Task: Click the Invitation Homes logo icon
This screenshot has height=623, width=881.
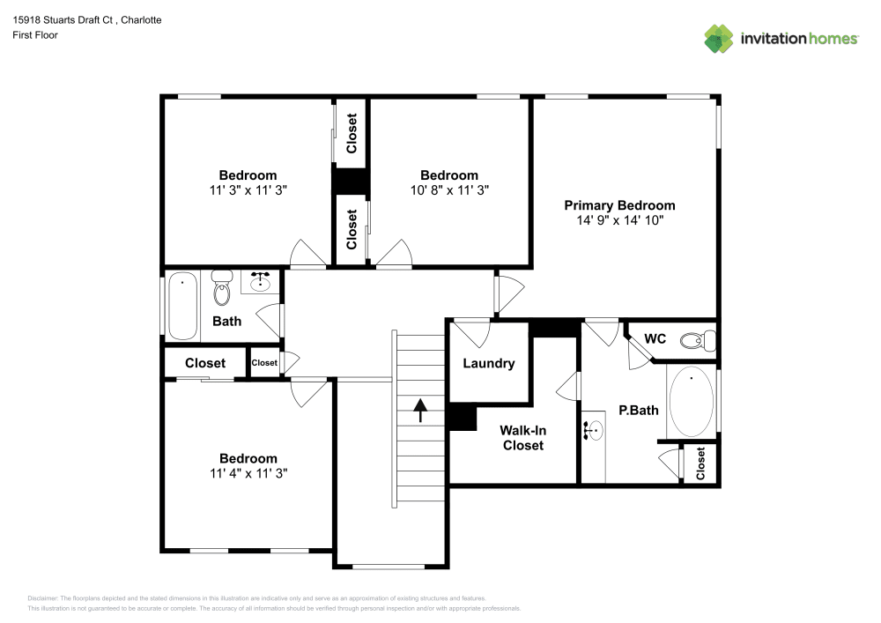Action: click(718, 38)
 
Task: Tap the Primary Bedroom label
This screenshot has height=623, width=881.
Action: click(619, 204)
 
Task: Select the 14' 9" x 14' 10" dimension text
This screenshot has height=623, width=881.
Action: click(619, 219)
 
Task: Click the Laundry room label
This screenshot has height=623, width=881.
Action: click(488, 363)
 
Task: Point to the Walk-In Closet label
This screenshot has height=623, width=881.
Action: click(522, 438)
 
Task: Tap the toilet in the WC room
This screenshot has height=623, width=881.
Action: click(703, 339)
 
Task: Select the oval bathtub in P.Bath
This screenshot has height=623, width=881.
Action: click(692, 402)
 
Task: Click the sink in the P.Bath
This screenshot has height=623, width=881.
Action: click(593, 432)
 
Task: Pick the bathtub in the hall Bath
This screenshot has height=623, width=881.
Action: click(182, 306)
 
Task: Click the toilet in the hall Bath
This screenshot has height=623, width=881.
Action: click(221, 288)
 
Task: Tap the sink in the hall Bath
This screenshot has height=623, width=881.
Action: click(260, 282)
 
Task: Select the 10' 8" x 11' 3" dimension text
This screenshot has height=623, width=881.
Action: click(449, 189)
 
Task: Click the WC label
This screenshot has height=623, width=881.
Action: click(655, 338)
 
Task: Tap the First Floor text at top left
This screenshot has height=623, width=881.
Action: click(35, 35)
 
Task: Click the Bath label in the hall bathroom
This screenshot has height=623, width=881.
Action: click(226, 321)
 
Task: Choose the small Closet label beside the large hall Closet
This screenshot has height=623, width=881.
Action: click(264, 362)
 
